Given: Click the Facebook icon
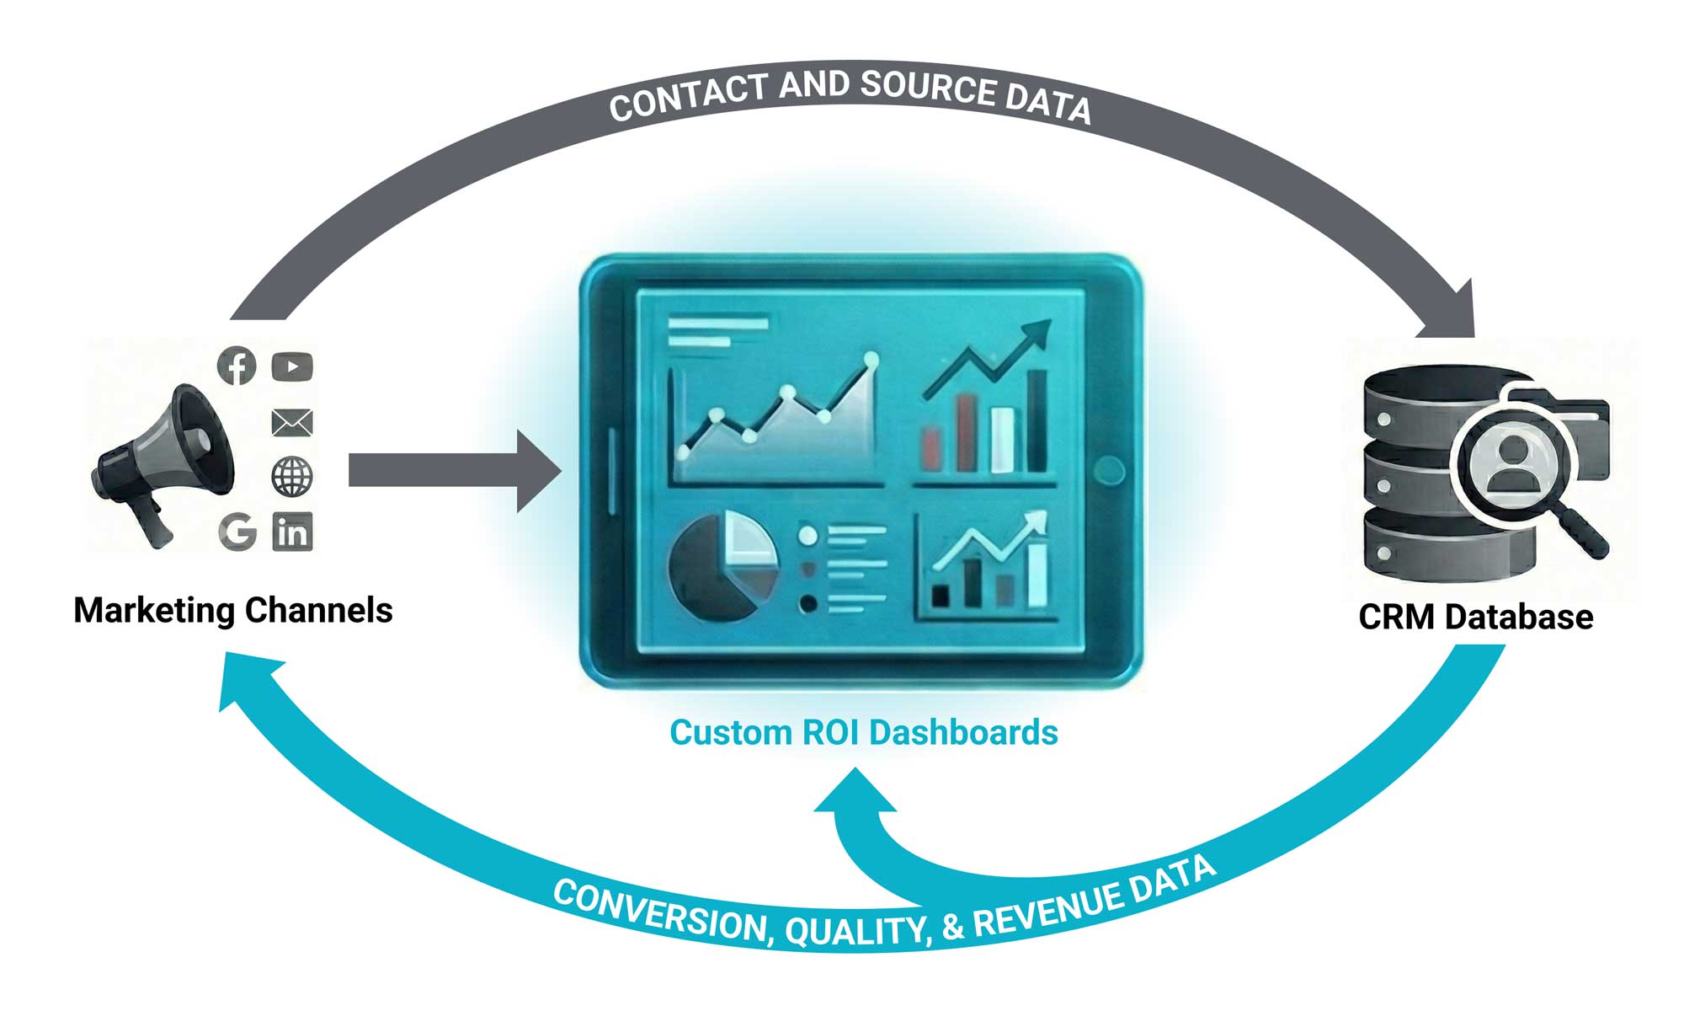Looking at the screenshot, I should [237, 366].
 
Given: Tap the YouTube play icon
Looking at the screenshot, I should [292, 366].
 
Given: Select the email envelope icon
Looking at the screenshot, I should [292, 422].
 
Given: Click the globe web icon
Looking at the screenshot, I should [292, 477].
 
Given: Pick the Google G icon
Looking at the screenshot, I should [237, 532].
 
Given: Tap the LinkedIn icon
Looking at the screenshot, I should [292, 532].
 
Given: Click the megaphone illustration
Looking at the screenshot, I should [164, 463].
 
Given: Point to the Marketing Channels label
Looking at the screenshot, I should [233, 610].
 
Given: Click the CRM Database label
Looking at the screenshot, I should [1475, 617].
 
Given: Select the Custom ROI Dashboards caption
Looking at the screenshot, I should [863, 732].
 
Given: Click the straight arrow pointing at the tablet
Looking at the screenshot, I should [455, 470].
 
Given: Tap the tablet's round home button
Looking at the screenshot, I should [1110, 470].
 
